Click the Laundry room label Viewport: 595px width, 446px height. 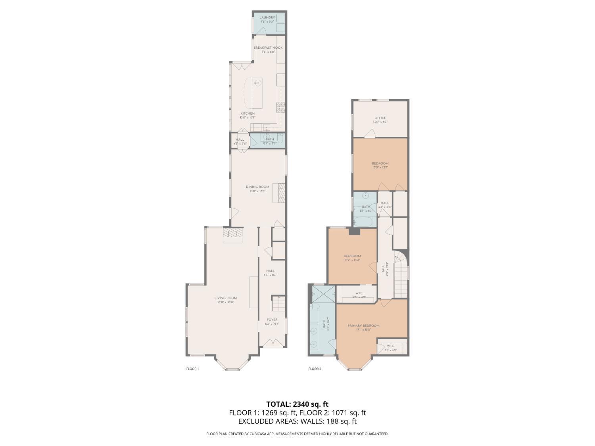pos(267,18)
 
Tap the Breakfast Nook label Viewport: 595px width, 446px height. pos(268,48)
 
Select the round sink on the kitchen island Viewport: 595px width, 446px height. pos(257,83)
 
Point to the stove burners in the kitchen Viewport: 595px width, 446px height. pos(280,106)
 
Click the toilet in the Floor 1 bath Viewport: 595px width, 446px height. pos(280,139)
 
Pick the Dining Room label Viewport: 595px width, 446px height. pos(257,187)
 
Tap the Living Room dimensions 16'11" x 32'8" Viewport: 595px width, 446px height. pos(226,302)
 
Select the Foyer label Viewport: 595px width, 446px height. pos(272,320)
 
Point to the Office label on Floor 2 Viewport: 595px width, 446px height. pos(380,118)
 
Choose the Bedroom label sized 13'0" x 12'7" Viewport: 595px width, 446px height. pos(380,163)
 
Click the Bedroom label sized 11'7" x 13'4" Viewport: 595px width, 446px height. pos(352,256)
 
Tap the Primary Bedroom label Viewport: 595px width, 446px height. pos(363,325)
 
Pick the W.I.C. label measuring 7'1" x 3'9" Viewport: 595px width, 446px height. pos(391,346)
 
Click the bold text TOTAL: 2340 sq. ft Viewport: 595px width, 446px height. pos(297,404)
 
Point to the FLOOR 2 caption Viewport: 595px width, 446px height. pos(315,369)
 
